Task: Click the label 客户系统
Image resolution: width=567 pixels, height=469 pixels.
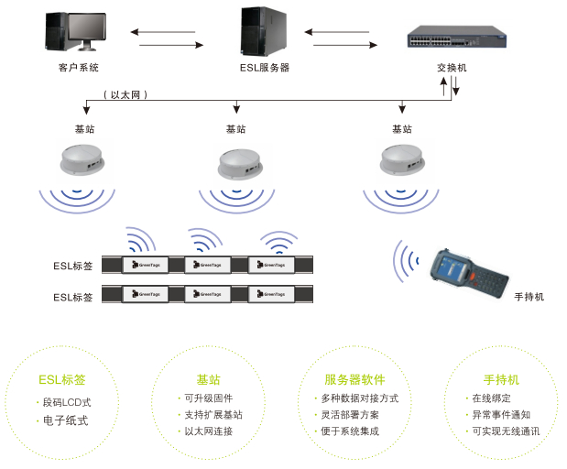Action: [x=78, y=68]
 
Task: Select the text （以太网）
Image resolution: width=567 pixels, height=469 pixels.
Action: [x=125, y=94]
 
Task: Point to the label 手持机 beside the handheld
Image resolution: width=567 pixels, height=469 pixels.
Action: [x=529, y=297]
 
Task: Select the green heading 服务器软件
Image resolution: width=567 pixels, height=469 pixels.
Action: [x=354, y=379]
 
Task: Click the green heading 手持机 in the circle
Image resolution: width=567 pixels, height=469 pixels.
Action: [x=501, y=379]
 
